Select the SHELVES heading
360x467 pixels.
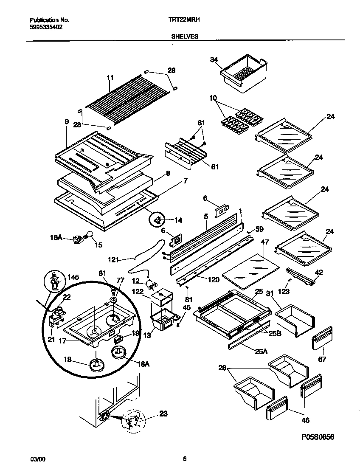pyautogui.click(x=185, y=37)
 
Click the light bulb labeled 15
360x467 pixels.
pyautogui.click(x=89, y=234)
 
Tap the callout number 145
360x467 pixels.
pyautogui.click(x=73, y=277)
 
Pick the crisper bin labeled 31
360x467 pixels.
pyautogui.click(x=294, y=318)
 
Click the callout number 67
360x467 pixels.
pyautogui.click(x=323, y=360)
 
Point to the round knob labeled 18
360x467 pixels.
pyautogui.click(x=97, y=365)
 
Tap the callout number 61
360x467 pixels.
pyautogui.click(x=214, y=167)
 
